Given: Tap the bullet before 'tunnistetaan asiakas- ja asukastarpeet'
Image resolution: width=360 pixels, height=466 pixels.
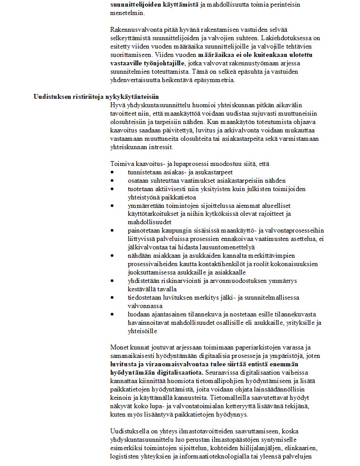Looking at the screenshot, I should (113, 172).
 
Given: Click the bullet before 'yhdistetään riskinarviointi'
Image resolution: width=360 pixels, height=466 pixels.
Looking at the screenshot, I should (113, 281).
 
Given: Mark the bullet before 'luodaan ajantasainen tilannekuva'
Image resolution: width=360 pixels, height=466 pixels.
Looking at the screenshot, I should (113, 314).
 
